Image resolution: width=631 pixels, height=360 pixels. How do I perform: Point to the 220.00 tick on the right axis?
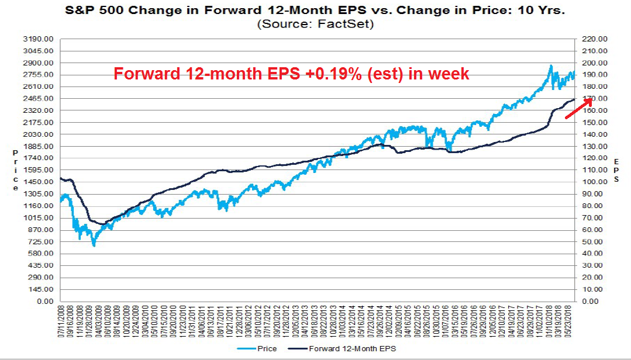click(593, 39)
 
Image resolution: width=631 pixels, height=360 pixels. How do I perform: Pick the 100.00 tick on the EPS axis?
click(593, 182)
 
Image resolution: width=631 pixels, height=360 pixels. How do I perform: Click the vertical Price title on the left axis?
click(15, 169)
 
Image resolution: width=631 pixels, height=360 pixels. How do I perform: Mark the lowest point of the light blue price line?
click(94, 246)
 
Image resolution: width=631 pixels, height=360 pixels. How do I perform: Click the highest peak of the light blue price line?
click(550, 65)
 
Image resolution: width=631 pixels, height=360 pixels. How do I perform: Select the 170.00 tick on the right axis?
click(593, 98)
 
